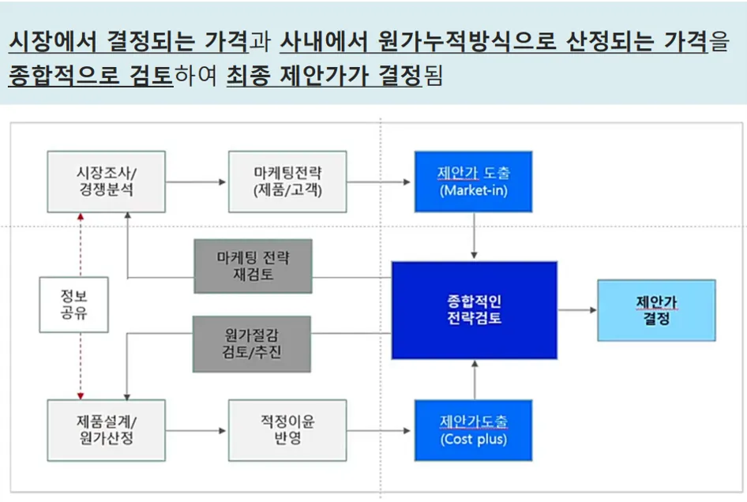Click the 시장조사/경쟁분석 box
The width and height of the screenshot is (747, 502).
click(106, 182)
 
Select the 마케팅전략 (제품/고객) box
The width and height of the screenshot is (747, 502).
click(287, 182)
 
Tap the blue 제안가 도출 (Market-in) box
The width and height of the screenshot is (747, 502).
click(473, 182)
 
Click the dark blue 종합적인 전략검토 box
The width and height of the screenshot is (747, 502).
click(474, 310)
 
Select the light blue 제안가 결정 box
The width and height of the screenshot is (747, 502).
click(656, 310)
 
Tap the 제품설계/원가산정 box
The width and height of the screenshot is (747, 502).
click(106, 430)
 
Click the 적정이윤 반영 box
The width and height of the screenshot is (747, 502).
click(287, 430)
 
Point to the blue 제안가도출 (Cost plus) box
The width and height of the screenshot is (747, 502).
click(473, 430)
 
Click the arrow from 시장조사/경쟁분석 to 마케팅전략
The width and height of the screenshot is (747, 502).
click(196, 182)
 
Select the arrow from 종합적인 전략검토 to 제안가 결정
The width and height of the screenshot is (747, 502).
click(577, 310)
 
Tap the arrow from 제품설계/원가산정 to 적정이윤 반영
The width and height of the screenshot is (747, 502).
click(196, 431)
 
